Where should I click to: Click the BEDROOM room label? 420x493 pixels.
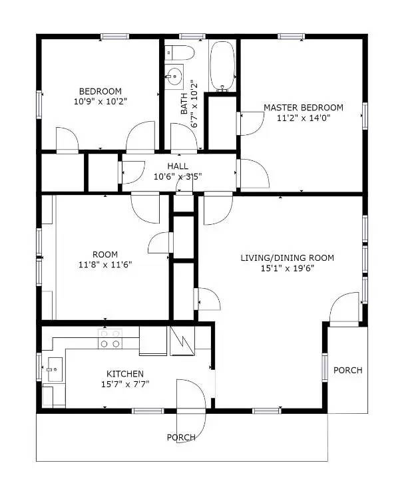(x=100, y=91)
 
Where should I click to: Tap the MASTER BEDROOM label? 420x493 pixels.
(x=304, y=107)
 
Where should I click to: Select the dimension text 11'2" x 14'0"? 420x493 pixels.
(x=304, y=118)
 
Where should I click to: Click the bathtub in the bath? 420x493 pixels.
(x=222, y=65)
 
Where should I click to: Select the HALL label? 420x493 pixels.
(x=178, y=166)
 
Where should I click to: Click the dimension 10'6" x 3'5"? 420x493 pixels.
(x=178, y=177)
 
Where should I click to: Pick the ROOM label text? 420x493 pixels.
(x=105, y=254)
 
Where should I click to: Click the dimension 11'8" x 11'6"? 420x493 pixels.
(x=105, y=265)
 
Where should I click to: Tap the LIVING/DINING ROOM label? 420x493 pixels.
(x=287, y=258)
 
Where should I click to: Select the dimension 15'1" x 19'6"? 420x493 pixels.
(x=287, y=269)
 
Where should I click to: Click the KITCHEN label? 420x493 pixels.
(x=125, y=374)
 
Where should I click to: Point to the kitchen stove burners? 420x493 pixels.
(x=110, y=339)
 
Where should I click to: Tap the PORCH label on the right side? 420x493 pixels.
(x=347, y=370)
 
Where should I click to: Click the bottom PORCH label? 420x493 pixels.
(x=181, y=437)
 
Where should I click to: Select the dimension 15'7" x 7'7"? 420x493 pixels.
(x=125, y=384)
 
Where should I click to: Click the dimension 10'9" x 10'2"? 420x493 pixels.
(x=100, y=102)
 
